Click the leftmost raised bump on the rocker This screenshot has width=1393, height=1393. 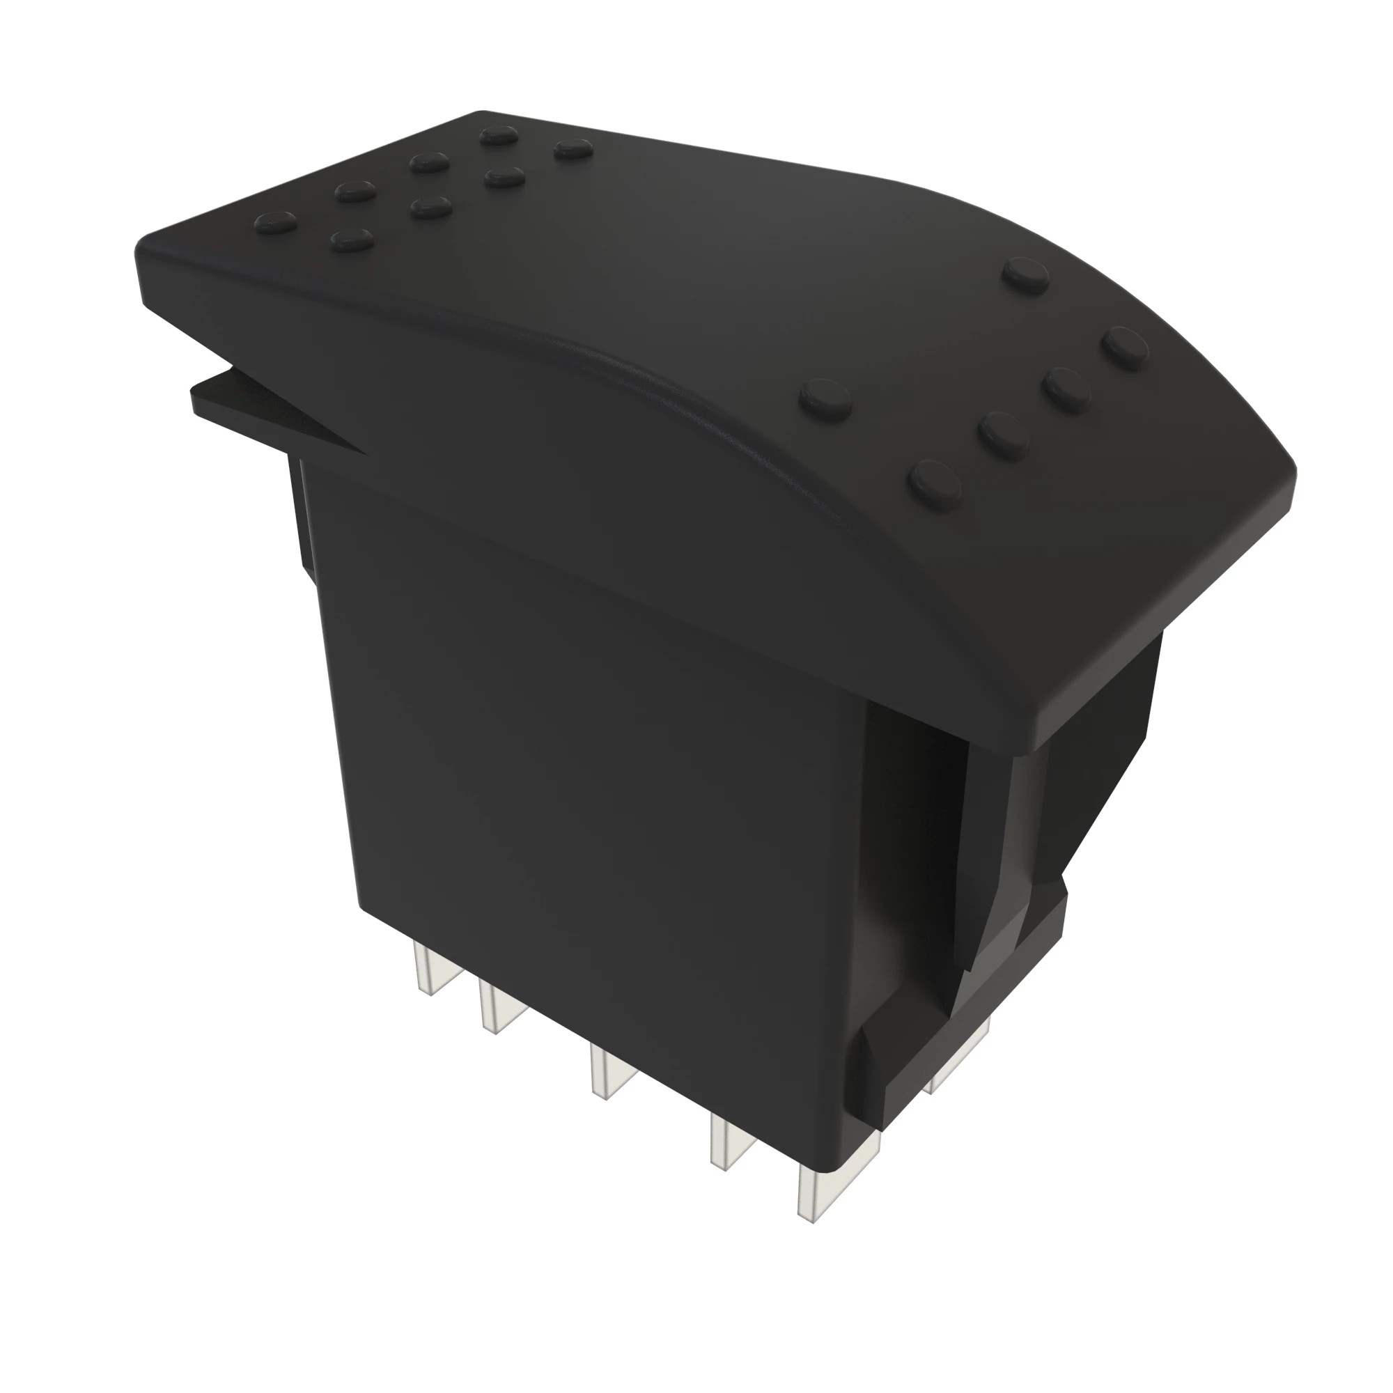tap(276, 223)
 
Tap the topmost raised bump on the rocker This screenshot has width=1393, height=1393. tap(499, 135)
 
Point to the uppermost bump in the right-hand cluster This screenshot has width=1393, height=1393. tap(1026, 274)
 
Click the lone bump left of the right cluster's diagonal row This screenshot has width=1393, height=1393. tap(825, 398)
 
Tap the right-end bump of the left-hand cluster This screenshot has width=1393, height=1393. tap(573, 149)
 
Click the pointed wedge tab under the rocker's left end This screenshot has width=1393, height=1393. tap(274, 407)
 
